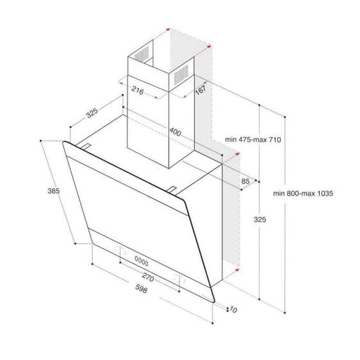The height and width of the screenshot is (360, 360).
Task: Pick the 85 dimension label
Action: [245, 182]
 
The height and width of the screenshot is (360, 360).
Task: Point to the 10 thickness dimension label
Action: [234, 309]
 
